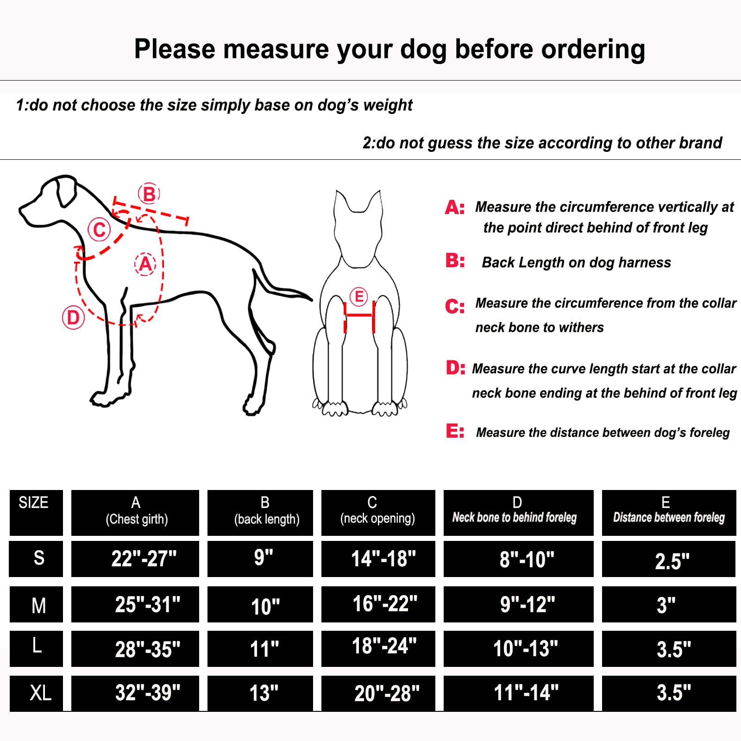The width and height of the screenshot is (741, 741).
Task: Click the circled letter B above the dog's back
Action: pos(149,194)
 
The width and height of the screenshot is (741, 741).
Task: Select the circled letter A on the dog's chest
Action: pos(145,264)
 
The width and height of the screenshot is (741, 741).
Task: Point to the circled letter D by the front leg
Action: pos(73,318)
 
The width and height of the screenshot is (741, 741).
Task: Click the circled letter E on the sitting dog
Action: pos(358,296)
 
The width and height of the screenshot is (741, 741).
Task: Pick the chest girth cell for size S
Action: pos(135,559)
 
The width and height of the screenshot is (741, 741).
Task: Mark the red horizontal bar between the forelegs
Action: pos(359,315)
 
